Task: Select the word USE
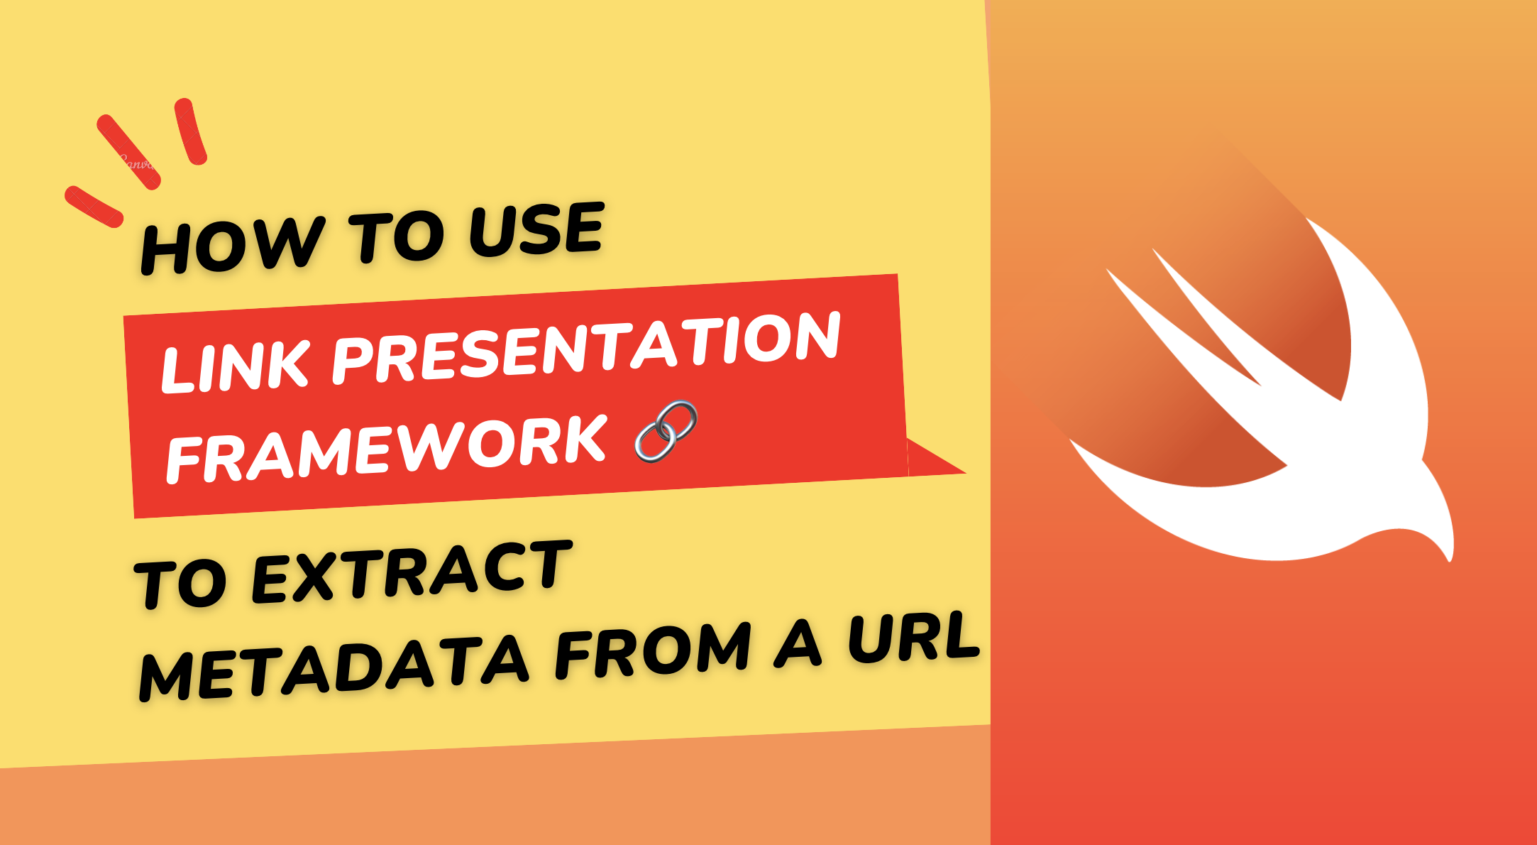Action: [x=536, y=228]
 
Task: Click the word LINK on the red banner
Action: [x=235, y=366]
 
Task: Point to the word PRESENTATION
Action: [x=586, y=347]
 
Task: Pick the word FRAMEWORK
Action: [x=387, y=449]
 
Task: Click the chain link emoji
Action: [x=666, y=431]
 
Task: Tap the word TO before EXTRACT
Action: [x=180, y=582]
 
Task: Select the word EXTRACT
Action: [x=412, y=571]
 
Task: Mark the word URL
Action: [x=914, y=637]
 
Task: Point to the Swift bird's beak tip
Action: [x=1448, y=559]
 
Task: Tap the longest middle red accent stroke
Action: [x=128, y=152]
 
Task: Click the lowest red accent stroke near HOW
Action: [x=94, y=207]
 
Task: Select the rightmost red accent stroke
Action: [x=190, y=131]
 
